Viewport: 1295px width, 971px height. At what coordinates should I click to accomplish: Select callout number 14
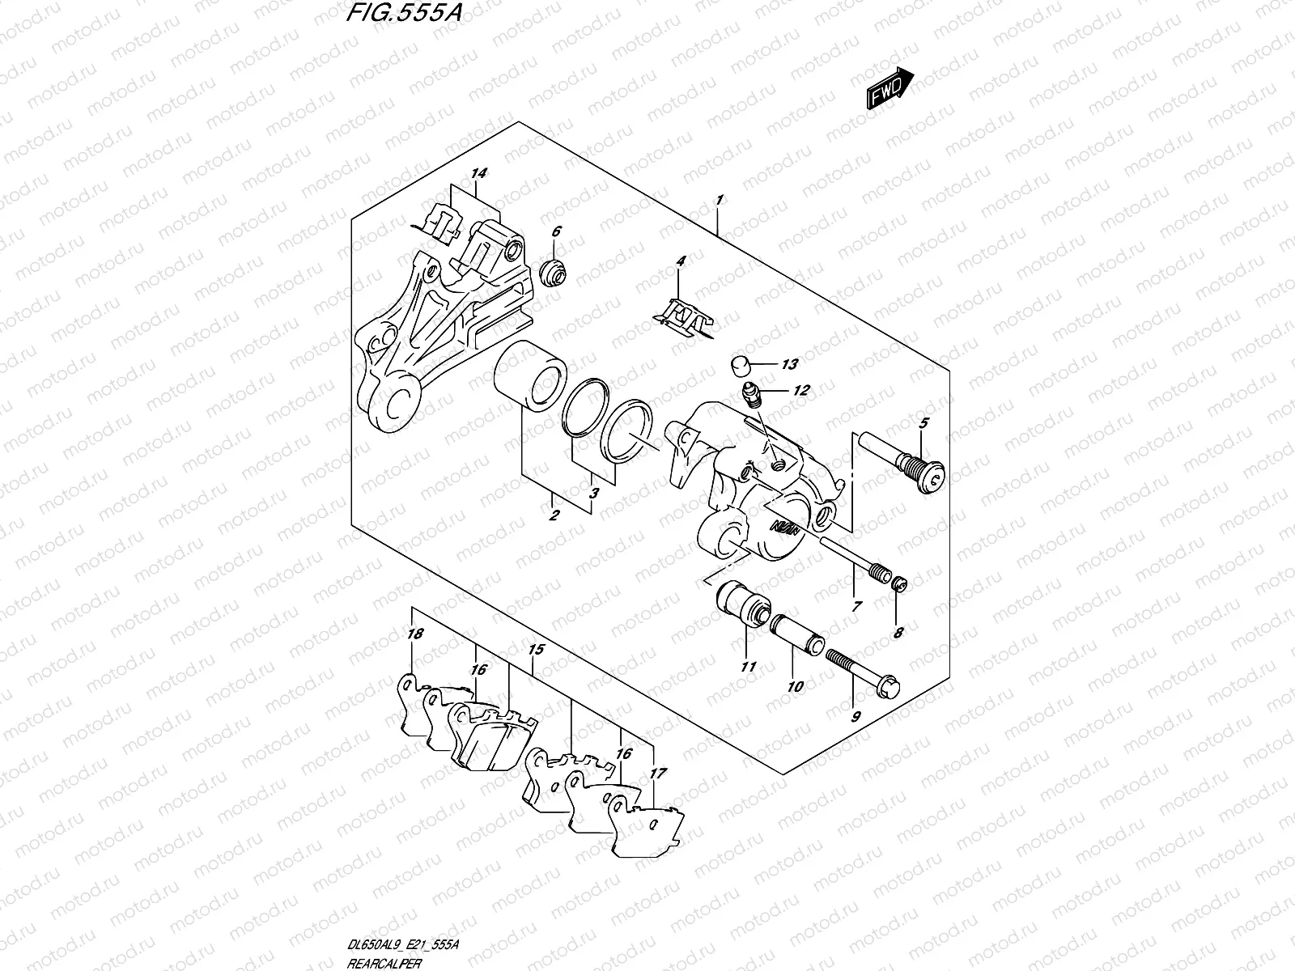click(478, 174)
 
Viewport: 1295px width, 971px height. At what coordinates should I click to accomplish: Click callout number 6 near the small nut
click(556, 231)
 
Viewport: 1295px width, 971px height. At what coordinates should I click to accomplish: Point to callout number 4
click(681, 261)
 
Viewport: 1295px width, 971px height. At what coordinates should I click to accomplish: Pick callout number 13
click(789, 364)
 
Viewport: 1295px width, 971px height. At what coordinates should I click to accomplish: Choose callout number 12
click(800, 391)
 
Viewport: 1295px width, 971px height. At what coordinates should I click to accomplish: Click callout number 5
click(923, 422)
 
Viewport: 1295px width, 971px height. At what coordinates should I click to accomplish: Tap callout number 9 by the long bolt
click(856, 715)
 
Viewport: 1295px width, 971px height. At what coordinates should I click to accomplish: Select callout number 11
click(747, 667)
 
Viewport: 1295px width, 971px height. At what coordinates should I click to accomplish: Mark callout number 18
click(415, 634)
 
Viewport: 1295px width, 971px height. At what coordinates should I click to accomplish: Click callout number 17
click(658, 774)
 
